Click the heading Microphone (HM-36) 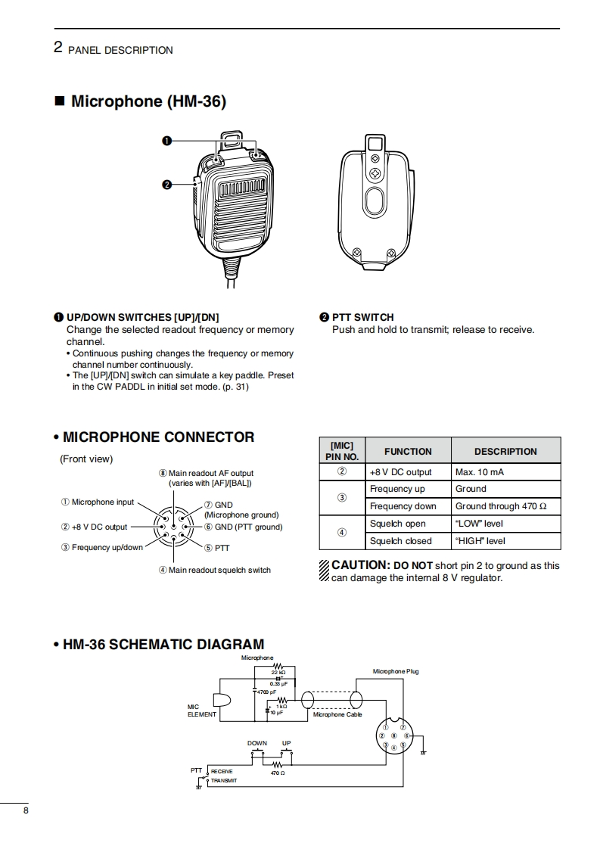tap(148, 101)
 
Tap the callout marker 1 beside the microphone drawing tap(166, 141)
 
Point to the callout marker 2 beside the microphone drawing tap(166, 184)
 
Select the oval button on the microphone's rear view tap(374, 203)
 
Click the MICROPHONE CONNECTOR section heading tap(158, 437)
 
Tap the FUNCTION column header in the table tap(408, 451)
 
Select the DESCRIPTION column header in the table tap(505, 451)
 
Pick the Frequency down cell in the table tap(403, 506)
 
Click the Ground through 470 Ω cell tap(500, 506)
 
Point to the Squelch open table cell tap(397, 524)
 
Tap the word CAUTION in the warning tap(360, 565)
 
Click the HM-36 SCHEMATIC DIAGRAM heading tap(163, 645)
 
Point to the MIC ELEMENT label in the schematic tap(201, 711)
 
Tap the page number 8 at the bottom tap(26, 811)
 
